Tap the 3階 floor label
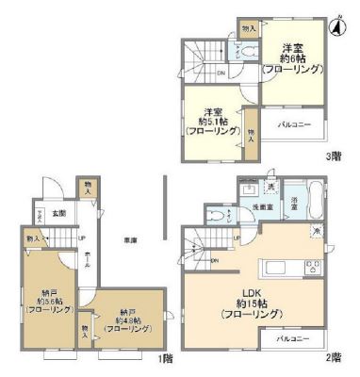(x=333, y=156)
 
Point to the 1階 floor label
(x=166, y=357)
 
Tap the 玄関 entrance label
(x=58, y=213)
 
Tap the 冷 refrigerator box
(x=318, y=231)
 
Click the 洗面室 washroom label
(x=262, y=205)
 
